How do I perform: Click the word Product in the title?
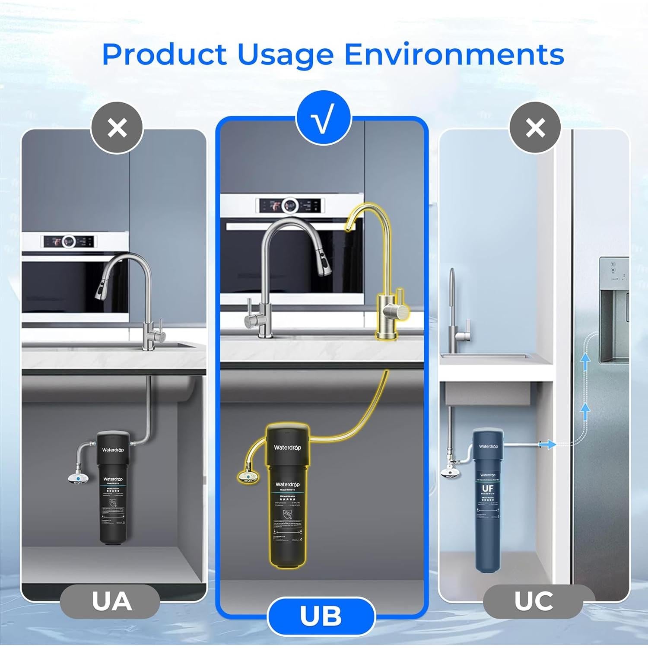[x=164, y=55]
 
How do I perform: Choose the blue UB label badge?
[x=321, y=616]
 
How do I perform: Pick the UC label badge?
[x=533, y=601]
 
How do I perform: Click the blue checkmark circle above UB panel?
[x=324, y=118]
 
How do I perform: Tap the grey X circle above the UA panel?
[x=117, y=128]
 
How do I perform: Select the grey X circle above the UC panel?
[x=535, y=128]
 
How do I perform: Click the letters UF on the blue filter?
[x=487, y=489]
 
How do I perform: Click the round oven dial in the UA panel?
[x=68, y=241]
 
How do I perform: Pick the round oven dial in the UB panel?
[x=289, y=205]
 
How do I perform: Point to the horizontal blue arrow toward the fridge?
[x=547, y=444]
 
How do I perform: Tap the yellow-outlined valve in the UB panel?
[x=248, y=476]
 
